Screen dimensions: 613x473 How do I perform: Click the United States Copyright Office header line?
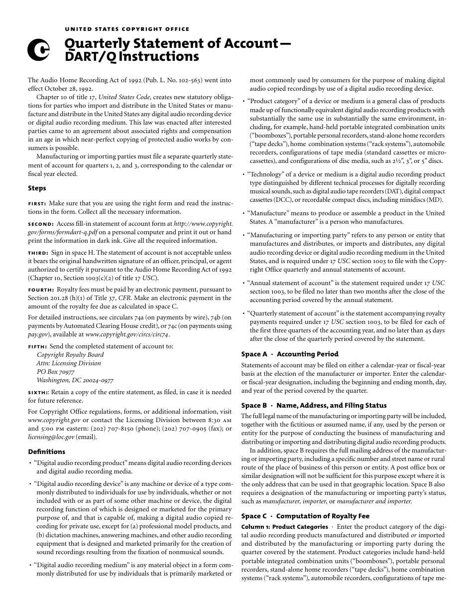[127, 29]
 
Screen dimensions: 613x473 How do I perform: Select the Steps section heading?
[37, 188]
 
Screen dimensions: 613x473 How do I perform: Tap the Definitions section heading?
[46, 452]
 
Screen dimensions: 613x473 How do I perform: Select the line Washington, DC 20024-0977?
[75, 380]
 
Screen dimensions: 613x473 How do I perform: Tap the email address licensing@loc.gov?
[51, 437]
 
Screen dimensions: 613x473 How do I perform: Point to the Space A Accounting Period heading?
[290, 354]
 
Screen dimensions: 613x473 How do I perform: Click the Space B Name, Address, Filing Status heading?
[314, 405]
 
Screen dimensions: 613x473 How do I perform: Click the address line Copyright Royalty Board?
[70, 355]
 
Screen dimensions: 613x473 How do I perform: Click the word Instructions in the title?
[159, 57]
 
